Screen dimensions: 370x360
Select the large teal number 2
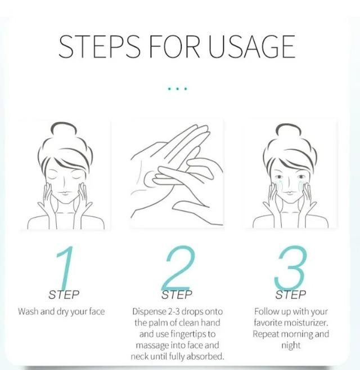click(178, 269)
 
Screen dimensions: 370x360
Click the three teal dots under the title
click(177, 88)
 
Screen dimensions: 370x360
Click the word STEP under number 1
click(64, 294)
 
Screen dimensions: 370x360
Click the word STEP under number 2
click(177, 294)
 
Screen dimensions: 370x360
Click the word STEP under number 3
click(291, 294)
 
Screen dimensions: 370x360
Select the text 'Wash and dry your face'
click(61, 311)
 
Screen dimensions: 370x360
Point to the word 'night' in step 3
click(291, 345)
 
